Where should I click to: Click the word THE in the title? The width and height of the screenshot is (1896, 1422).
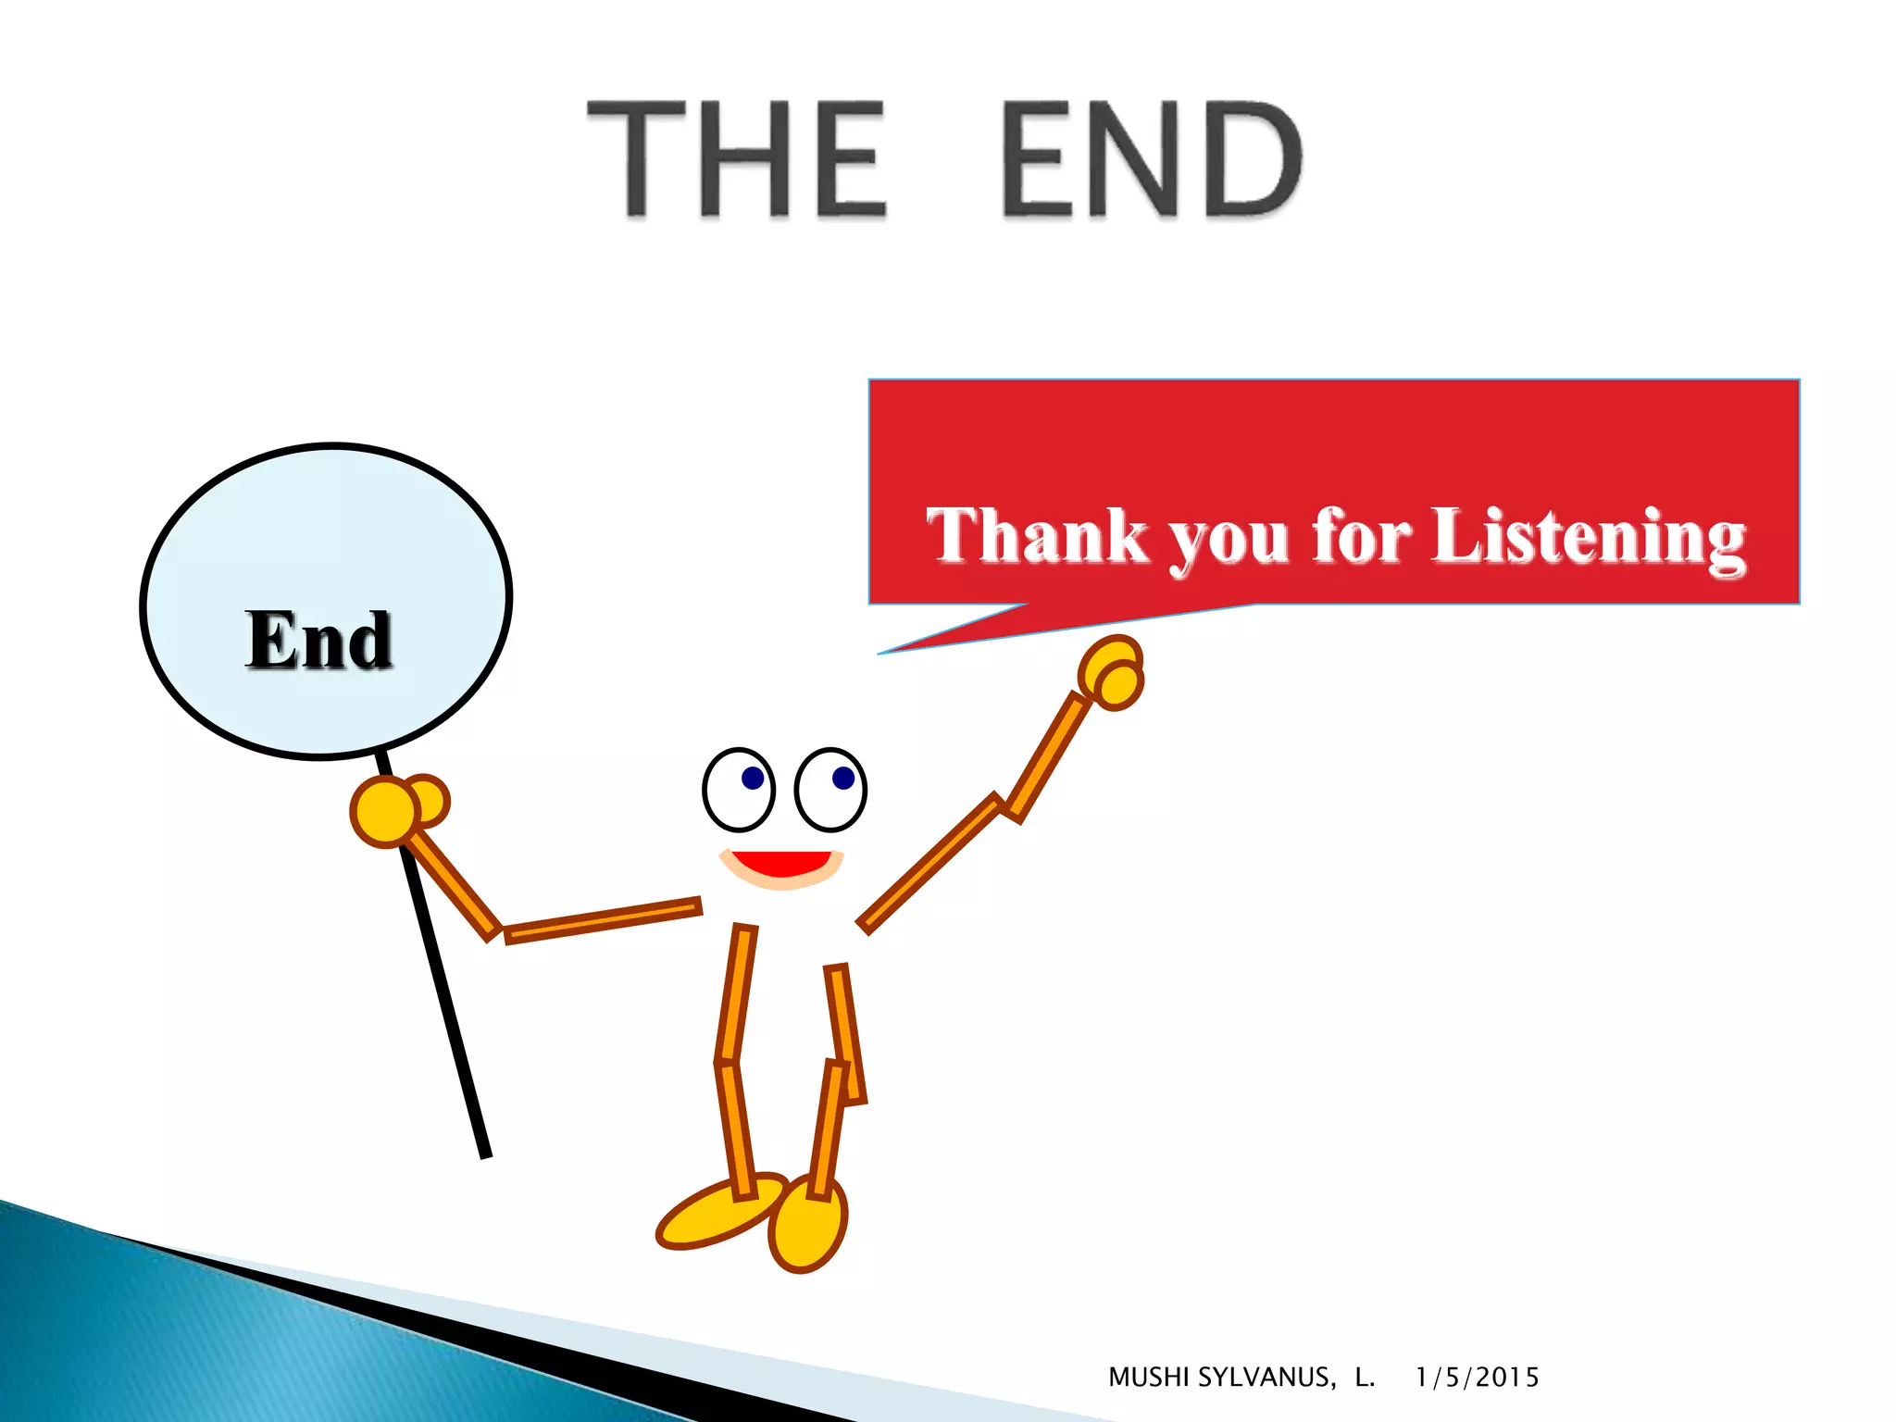click(x=736, y=159)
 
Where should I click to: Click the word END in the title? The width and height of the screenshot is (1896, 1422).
click(x=1151, y=159)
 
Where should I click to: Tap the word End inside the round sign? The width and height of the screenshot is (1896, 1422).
click(x=319, y=640)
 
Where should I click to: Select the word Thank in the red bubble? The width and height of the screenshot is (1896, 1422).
click(x=1036, y=536)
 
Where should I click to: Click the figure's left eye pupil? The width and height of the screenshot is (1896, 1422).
click(x=753, y=778)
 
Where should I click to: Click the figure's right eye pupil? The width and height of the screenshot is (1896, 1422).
click(x=843, y=778)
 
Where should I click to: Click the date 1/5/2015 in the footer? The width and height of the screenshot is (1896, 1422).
click(x=1477, y=1378)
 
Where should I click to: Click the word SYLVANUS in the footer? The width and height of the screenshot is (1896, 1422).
click(x=1266, y=1378)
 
